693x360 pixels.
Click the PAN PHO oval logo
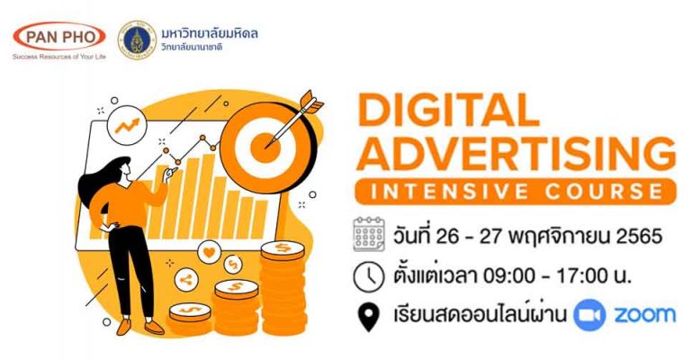pos(59,37)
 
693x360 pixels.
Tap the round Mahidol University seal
pos(137,40)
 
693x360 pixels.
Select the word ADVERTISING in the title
pos(516,153)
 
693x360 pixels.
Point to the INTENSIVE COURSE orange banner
pos(516,192)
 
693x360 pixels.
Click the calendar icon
pos(369,234)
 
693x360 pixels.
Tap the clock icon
pos(369,276)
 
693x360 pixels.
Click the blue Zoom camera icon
pos(589,314)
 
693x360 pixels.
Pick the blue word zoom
pos(644,315)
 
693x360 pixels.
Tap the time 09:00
pos(508,276)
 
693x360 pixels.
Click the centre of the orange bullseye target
pos(265,148)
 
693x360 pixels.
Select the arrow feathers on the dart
pos(311,103)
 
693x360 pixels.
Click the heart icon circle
pos(209,252)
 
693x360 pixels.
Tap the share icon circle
pos(186,280)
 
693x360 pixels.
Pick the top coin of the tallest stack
pos(283,250)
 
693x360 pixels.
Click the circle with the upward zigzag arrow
pos(127,125)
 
